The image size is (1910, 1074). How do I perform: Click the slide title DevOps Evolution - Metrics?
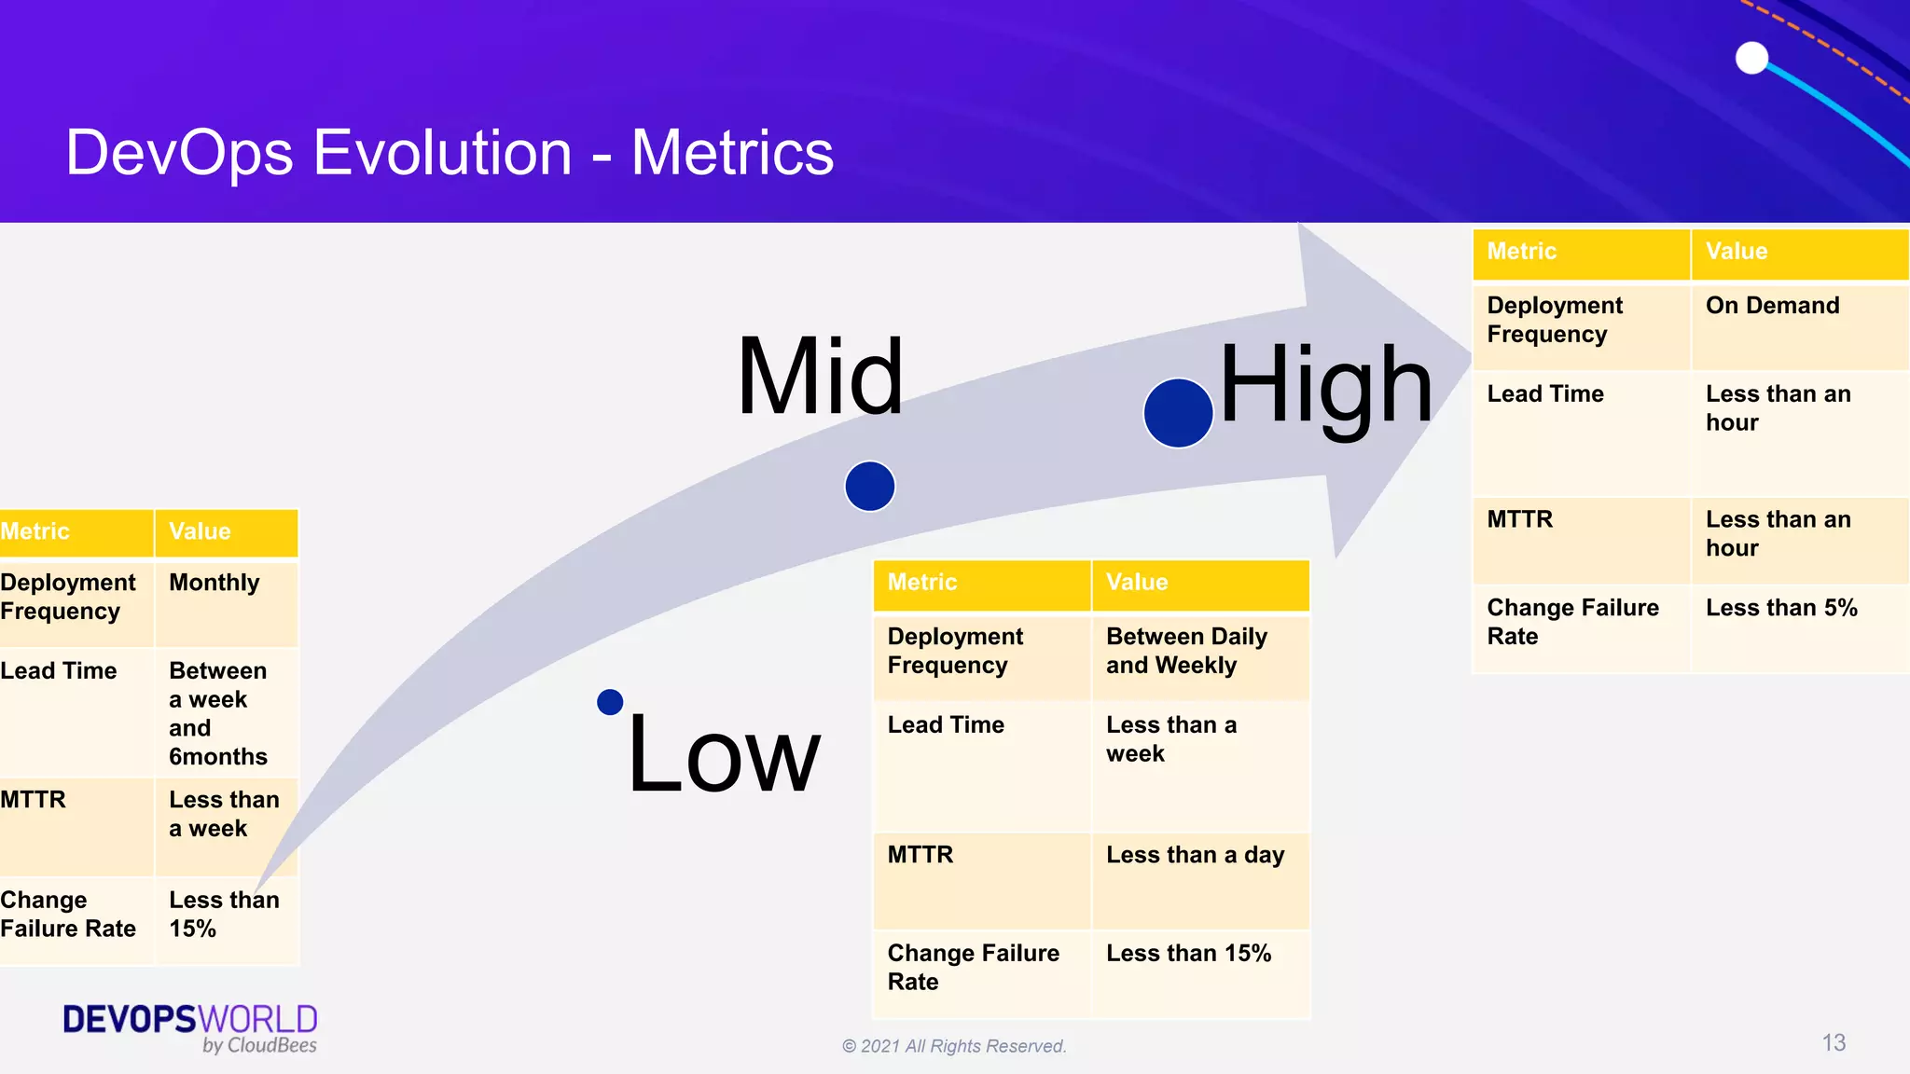(x=450, y=153)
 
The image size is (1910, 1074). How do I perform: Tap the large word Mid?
(x=820, y=377)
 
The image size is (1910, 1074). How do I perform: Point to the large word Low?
(x=724, y=753)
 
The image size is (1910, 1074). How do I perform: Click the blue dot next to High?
(x=1178, y=413)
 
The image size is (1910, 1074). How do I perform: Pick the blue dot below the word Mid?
(x=870, y=486)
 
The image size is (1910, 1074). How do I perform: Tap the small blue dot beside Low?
(x=610, y=702)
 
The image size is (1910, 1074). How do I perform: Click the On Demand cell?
(x=1772, y=306)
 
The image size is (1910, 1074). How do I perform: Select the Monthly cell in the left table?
(x=215, y=583)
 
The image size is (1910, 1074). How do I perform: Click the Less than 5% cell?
(x=1781, y=608)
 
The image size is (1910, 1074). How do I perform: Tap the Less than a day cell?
(x=1195, y=855)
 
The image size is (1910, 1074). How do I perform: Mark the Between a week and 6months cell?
(x=218, y=713)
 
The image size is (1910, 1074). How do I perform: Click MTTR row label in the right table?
(x=1520, y=519)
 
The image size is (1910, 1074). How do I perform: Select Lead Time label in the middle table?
(x=946, y=725)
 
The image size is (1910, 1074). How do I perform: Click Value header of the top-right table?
(x=1737, y=252)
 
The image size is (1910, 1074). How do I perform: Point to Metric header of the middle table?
(x=922, y=583)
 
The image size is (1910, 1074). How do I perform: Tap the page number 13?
(x=1834, y=1042)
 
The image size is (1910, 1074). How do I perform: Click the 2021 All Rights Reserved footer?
(x=954, y=1046)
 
